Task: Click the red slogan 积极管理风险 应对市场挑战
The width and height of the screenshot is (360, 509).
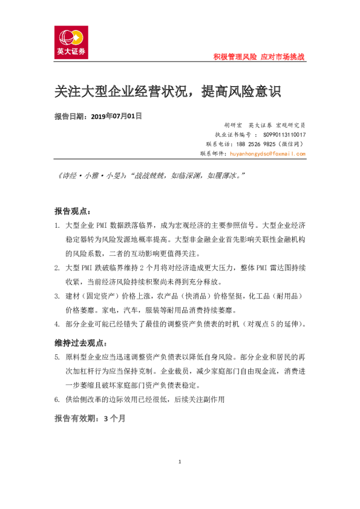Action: point(259,56)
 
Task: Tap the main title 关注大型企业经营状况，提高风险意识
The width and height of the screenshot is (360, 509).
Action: point(168,92)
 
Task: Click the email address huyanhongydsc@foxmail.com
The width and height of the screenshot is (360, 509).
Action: point(267,154)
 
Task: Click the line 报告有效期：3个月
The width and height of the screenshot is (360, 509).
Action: point(90,418)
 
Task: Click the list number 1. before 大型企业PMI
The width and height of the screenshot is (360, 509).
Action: point(57,225)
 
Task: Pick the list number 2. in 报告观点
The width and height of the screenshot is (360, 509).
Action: point(57,267)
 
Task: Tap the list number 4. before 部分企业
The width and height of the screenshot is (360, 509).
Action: point(57,324)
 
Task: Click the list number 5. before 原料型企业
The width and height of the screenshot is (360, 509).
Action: point(57,357)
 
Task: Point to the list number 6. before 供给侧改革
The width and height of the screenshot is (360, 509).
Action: point(57,400)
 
